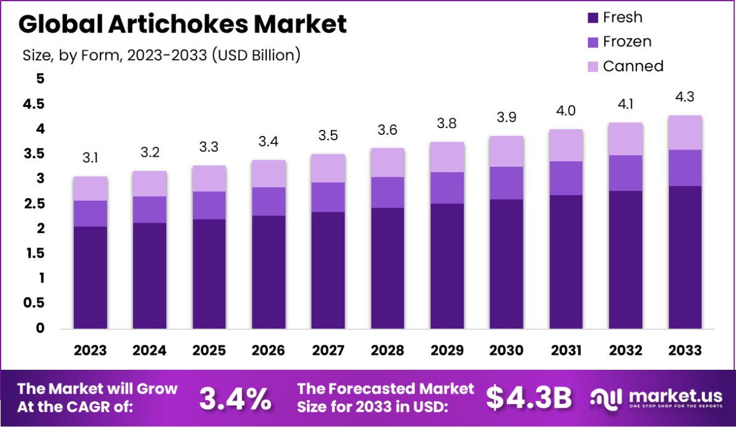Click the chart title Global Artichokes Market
[x=182, y=24]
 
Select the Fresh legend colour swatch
[x=593, y=18]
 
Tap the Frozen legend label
[x=627, y=42]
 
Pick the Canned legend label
[x=633, y=66]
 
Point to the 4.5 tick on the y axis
[x=34, y=104]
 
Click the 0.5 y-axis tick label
[x=34, y=303]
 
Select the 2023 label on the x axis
[x=90, y=350]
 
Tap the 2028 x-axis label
[x=387, y=350]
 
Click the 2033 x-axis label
[x=685, y=350]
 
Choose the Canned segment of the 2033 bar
[x=685, y=132]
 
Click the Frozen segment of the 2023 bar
[x=90, y=213]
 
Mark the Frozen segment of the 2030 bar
[x=506, y=182]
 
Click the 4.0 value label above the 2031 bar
[x=566, y=110]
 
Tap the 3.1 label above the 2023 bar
[x=90, y=158]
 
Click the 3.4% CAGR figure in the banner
[x=235, y=399]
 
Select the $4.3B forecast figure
[x=528, y=398]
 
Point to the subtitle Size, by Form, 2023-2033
[x=161, y=55]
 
